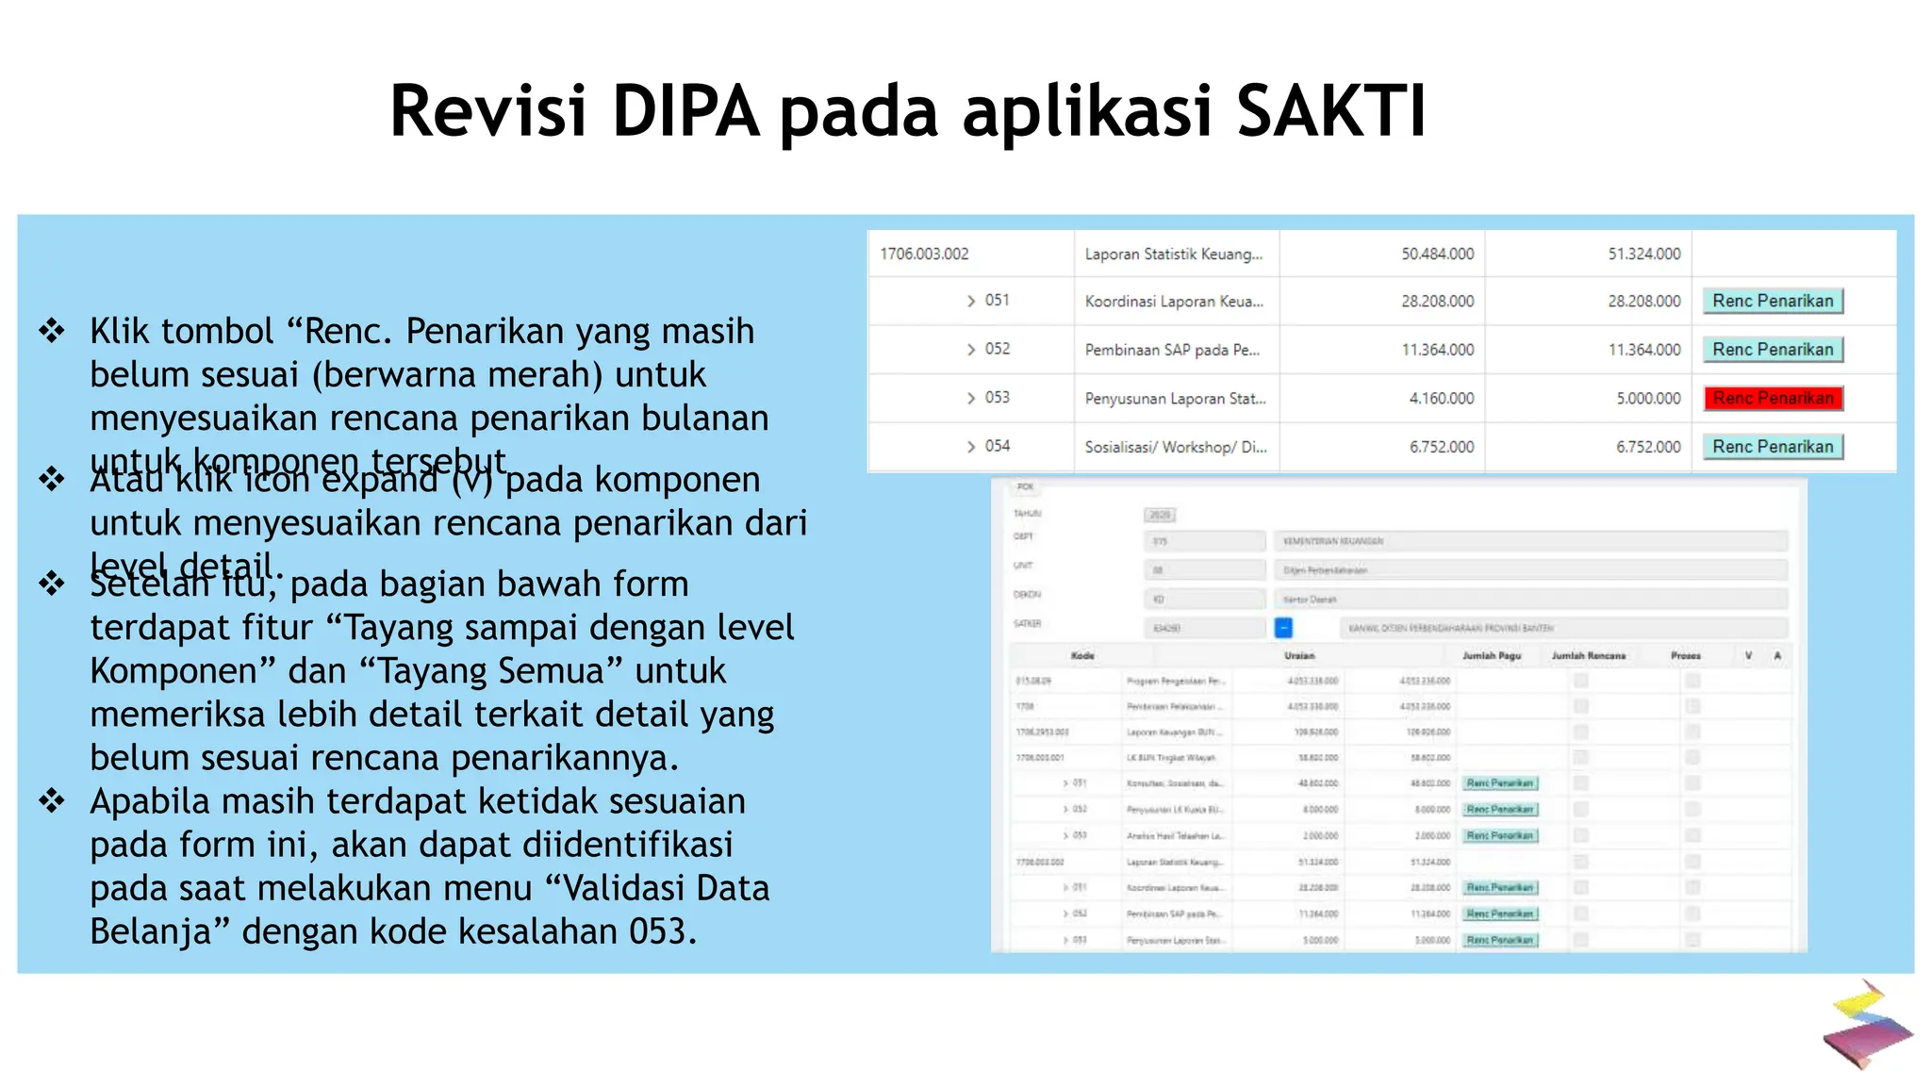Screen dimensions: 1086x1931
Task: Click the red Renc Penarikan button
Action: point(1773,399)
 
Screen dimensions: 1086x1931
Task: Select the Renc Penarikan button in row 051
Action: point(1773,302)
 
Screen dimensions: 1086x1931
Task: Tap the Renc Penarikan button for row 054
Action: point(1773,447)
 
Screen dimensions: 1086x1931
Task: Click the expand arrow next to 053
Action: point(971,399)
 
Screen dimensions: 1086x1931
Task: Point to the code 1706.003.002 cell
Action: point(924,255)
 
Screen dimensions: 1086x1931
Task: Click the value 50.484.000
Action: point(1437,255)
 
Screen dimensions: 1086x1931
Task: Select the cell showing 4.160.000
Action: point(1441,399)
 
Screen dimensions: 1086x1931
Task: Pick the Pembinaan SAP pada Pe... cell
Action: point(1172,351)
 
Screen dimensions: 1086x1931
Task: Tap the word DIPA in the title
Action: point(685,111)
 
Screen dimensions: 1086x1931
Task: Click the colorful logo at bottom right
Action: point(1866,1025)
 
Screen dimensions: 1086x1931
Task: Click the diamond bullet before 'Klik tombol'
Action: point(52,331)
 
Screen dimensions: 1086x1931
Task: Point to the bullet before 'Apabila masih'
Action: point(52,801)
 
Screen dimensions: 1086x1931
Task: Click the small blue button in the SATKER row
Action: point(1283,628)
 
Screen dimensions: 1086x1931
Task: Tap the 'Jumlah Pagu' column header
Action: point(1492,655)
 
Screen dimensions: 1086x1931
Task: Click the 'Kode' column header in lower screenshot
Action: point(1082,655)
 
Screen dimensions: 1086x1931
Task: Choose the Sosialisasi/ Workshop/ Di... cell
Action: point(1176,447)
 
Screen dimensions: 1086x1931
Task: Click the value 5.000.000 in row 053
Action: point(1648,399)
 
